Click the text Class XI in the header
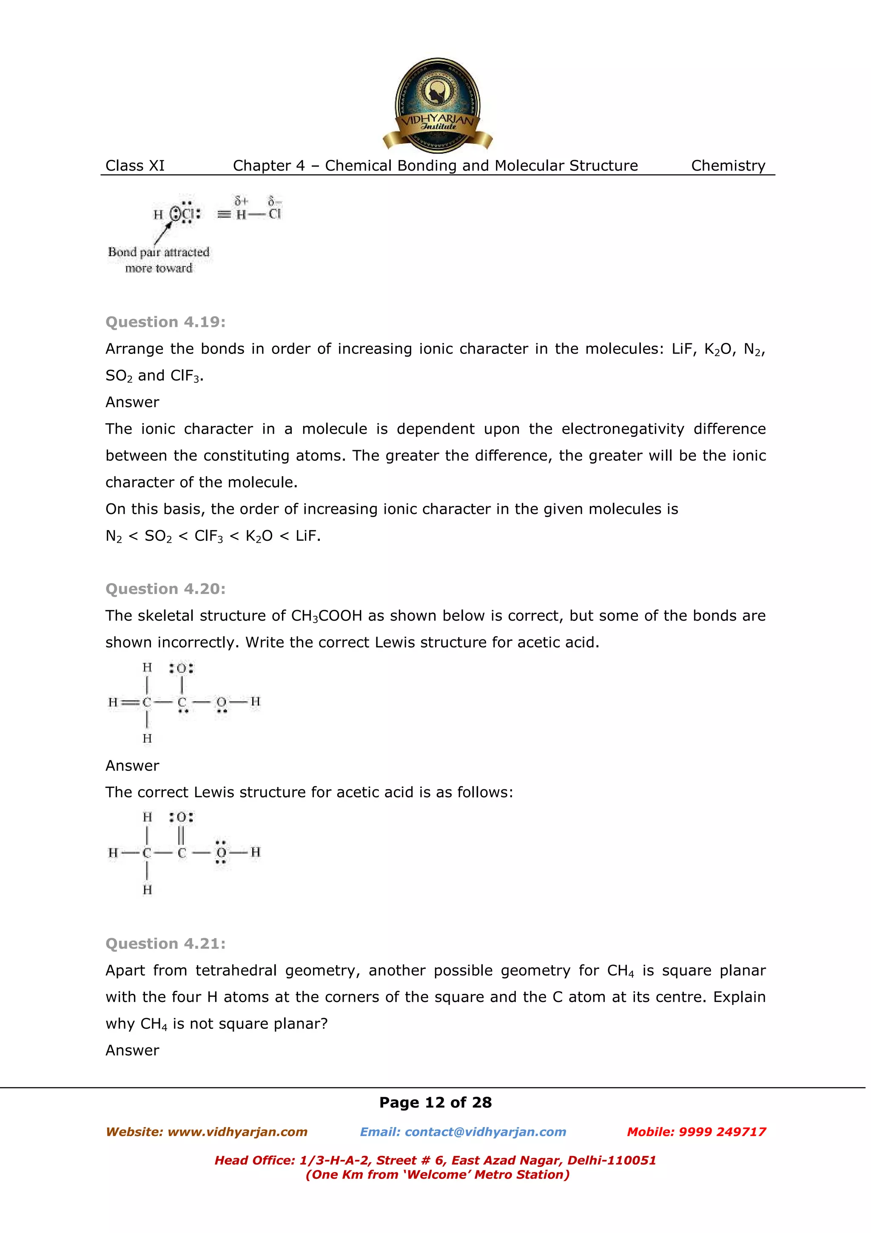(135, 166)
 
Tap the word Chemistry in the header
(728, 166)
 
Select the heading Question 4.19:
(165, 322)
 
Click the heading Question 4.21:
(165, 944)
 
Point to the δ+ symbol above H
(241, 201)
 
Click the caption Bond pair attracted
(158, 252)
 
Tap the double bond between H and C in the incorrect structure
(130, 702)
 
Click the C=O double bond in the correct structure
(182, 835)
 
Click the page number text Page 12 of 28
(435, 1102)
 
